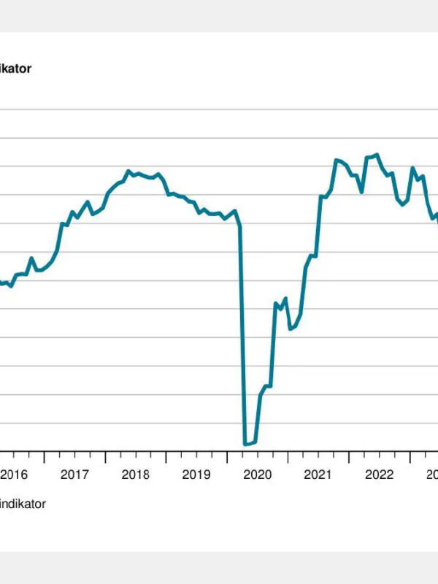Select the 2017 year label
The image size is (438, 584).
point(74,474)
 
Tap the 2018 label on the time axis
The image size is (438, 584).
point(135,474)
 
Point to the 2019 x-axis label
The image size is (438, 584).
point(196,474)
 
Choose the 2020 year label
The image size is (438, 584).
point(257,474)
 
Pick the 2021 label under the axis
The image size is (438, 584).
point(318,474)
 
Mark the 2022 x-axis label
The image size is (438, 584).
point(379,474)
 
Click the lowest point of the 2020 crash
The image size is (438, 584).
point(245,444)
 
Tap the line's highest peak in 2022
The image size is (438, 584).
point(377,154)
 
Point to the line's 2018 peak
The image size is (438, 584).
point(128,171)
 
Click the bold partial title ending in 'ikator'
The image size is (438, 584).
point(15,69)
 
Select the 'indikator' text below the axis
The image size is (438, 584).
point(23,504)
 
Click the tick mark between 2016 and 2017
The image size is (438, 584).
point(44,457)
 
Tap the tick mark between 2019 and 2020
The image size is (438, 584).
point(227,457)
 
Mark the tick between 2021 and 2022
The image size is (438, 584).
point(349,457)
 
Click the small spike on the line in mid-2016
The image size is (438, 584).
point(31,258)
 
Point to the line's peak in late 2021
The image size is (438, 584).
point(337,159)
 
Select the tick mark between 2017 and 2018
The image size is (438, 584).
point(105,457)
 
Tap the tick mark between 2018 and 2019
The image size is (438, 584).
point(166,457)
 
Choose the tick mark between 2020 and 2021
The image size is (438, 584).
point(288,457)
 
